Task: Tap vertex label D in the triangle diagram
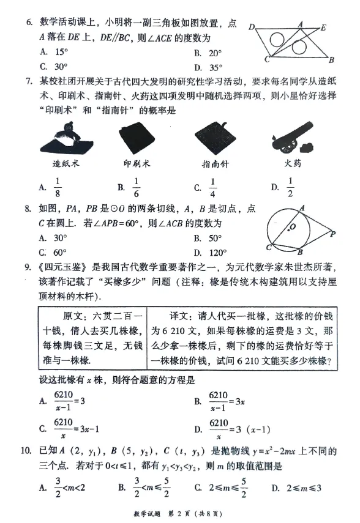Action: click(x=251, y=28)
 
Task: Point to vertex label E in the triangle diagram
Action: click(x=323, y=28)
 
